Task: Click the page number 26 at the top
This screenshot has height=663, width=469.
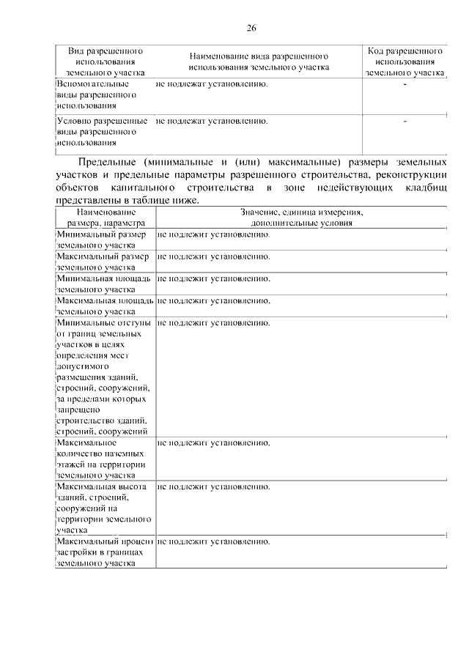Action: pyautogui.click(x=251, y=29)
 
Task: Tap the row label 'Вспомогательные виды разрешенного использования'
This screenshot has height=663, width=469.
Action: pyautogui.click(x=88, y=95)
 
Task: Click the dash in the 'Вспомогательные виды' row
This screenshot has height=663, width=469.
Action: pyautogui.click(x=405, y=86)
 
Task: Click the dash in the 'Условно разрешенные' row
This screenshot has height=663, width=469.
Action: pyautogui.click(x=405, y=122)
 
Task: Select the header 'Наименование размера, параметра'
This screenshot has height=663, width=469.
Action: pyautogui.click(x=106, y=218)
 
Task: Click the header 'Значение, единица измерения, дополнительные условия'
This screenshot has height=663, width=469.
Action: pyautogui.click(x=301, y=218)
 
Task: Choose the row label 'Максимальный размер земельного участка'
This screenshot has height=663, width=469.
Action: pyautogui.click(x=102, y=262)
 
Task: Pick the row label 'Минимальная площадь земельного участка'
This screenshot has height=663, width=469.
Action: pyautogui.click(x=103, y=284)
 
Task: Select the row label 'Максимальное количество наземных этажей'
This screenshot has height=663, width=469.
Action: pyautogui.click(x=99, y=459)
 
